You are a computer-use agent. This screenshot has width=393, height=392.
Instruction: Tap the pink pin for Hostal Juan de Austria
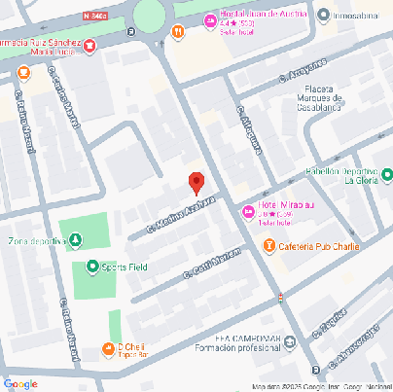pos(210,20)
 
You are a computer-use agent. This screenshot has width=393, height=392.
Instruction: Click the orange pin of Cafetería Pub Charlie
pos(268,245)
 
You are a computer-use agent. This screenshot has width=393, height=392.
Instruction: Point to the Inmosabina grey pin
pos(323,14)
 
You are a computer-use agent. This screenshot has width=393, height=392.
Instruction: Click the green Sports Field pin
pos(92,267)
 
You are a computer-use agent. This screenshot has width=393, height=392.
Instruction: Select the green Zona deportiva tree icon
pos(75,241)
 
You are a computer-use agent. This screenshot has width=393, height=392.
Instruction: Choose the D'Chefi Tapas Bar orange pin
pos(107,349)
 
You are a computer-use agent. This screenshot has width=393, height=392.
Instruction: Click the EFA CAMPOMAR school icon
pos(289,339)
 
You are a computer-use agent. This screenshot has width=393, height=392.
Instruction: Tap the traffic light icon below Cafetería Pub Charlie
pos(281,296)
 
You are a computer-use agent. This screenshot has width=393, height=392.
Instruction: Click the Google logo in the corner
pos(19,383)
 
